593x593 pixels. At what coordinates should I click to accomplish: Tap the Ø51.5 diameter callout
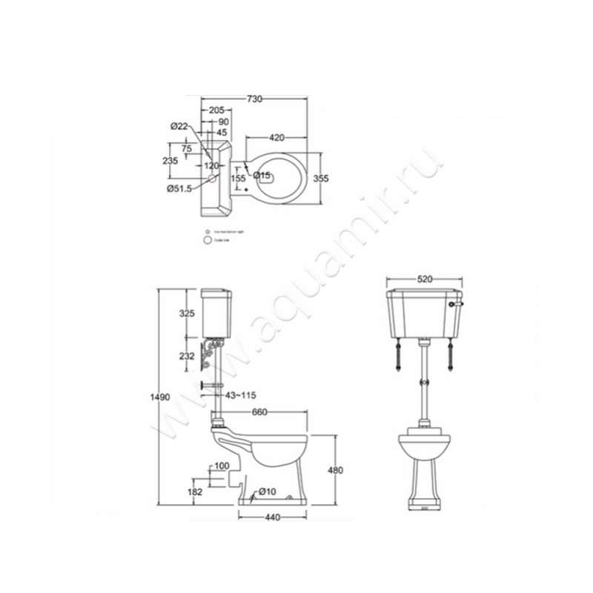179,189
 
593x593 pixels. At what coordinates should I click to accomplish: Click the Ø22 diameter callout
179,127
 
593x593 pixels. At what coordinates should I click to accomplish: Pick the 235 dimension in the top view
170,161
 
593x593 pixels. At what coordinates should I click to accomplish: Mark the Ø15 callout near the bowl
262,176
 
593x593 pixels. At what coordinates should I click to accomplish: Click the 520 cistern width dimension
425,279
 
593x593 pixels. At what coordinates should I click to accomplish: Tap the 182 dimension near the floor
195,491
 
